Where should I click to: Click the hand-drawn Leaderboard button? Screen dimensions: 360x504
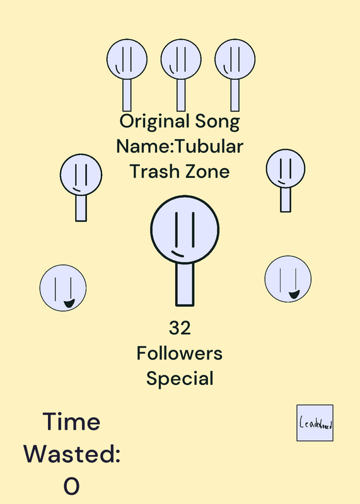coord(315,423)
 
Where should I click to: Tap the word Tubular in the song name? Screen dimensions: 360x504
coord(209,146)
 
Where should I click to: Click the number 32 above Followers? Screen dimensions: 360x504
coord(180,328)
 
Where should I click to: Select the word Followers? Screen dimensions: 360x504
coord(180,353)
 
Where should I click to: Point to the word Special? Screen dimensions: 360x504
coord(180,379)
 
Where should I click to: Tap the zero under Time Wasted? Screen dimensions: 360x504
coord(71,486)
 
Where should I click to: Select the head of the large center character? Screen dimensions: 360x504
coord(185,229)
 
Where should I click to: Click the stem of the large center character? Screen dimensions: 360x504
coord(185,284)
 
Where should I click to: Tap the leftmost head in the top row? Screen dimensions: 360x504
coord(127,59)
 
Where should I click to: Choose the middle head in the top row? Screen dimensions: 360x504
coord(181,59)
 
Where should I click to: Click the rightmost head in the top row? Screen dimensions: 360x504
coord(235,59)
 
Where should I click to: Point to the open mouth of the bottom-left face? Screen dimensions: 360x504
coord(69,303)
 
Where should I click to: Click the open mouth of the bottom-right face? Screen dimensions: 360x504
coord(294,294)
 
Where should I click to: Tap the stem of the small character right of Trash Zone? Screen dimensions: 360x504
coord(286,199)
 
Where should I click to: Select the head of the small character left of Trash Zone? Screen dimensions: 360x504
coord(81,175)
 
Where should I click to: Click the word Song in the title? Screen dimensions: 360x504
coord(218,122)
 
